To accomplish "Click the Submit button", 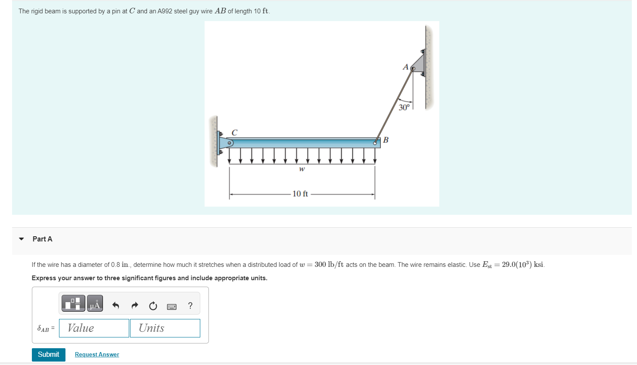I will pos(48,355).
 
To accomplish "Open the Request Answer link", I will pos(97,355).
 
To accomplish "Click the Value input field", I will pos(94,328).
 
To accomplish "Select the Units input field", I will pos(165,328).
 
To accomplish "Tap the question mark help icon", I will pos(190,306).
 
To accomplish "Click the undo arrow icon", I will pos(115,306).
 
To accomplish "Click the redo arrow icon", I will pos(135,306).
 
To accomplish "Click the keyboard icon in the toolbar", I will pos(171,306).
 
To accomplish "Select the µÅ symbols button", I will pos(95,303).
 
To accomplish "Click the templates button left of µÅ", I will pos(73,303).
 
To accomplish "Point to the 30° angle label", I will pos(404,108).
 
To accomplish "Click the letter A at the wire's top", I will pos(405,67).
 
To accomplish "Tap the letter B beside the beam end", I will pos(386,140).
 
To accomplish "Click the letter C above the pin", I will pos(234,133).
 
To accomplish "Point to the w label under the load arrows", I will pos(302,169).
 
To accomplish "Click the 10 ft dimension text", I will pos(300,194).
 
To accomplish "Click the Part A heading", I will pos(42,239).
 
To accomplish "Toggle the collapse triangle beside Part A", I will pos(22,239).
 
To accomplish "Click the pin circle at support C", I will pos(230,143).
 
